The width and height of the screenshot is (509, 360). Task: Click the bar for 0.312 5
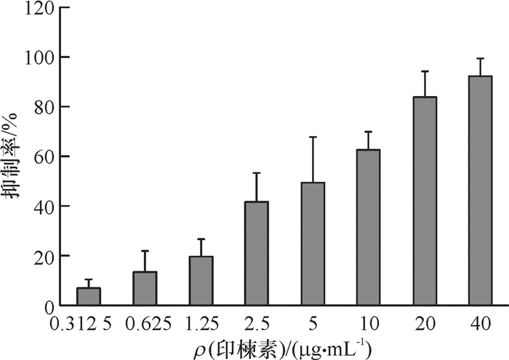pyautogui.click(x=89, y=297)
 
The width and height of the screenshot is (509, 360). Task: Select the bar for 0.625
pyautogui.click(x=145, y=289)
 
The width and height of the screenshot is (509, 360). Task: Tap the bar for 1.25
pyautogui.click(x=201, y=281)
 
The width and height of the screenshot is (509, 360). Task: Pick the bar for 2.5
pyautogui.click(x=257, y=254)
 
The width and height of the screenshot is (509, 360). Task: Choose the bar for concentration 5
pyautogui.click(x=313, y=244)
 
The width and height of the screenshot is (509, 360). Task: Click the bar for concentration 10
pyautogui.click(x=369, y=228)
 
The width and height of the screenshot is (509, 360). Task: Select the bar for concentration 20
pyautogui.click(x=425, y=201)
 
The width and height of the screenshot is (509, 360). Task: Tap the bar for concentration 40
pyautogui.click(x=481, y=191)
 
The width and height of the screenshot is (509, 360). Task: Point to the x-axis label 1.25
pyautogui.click(x=201, y=322)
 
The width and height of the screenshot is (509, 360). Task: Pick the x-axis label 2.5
pyautogui.click(x=257, y=322)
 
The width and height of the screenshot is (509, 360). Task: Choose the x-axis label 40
pyautogui.click(x=481, y=322)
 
